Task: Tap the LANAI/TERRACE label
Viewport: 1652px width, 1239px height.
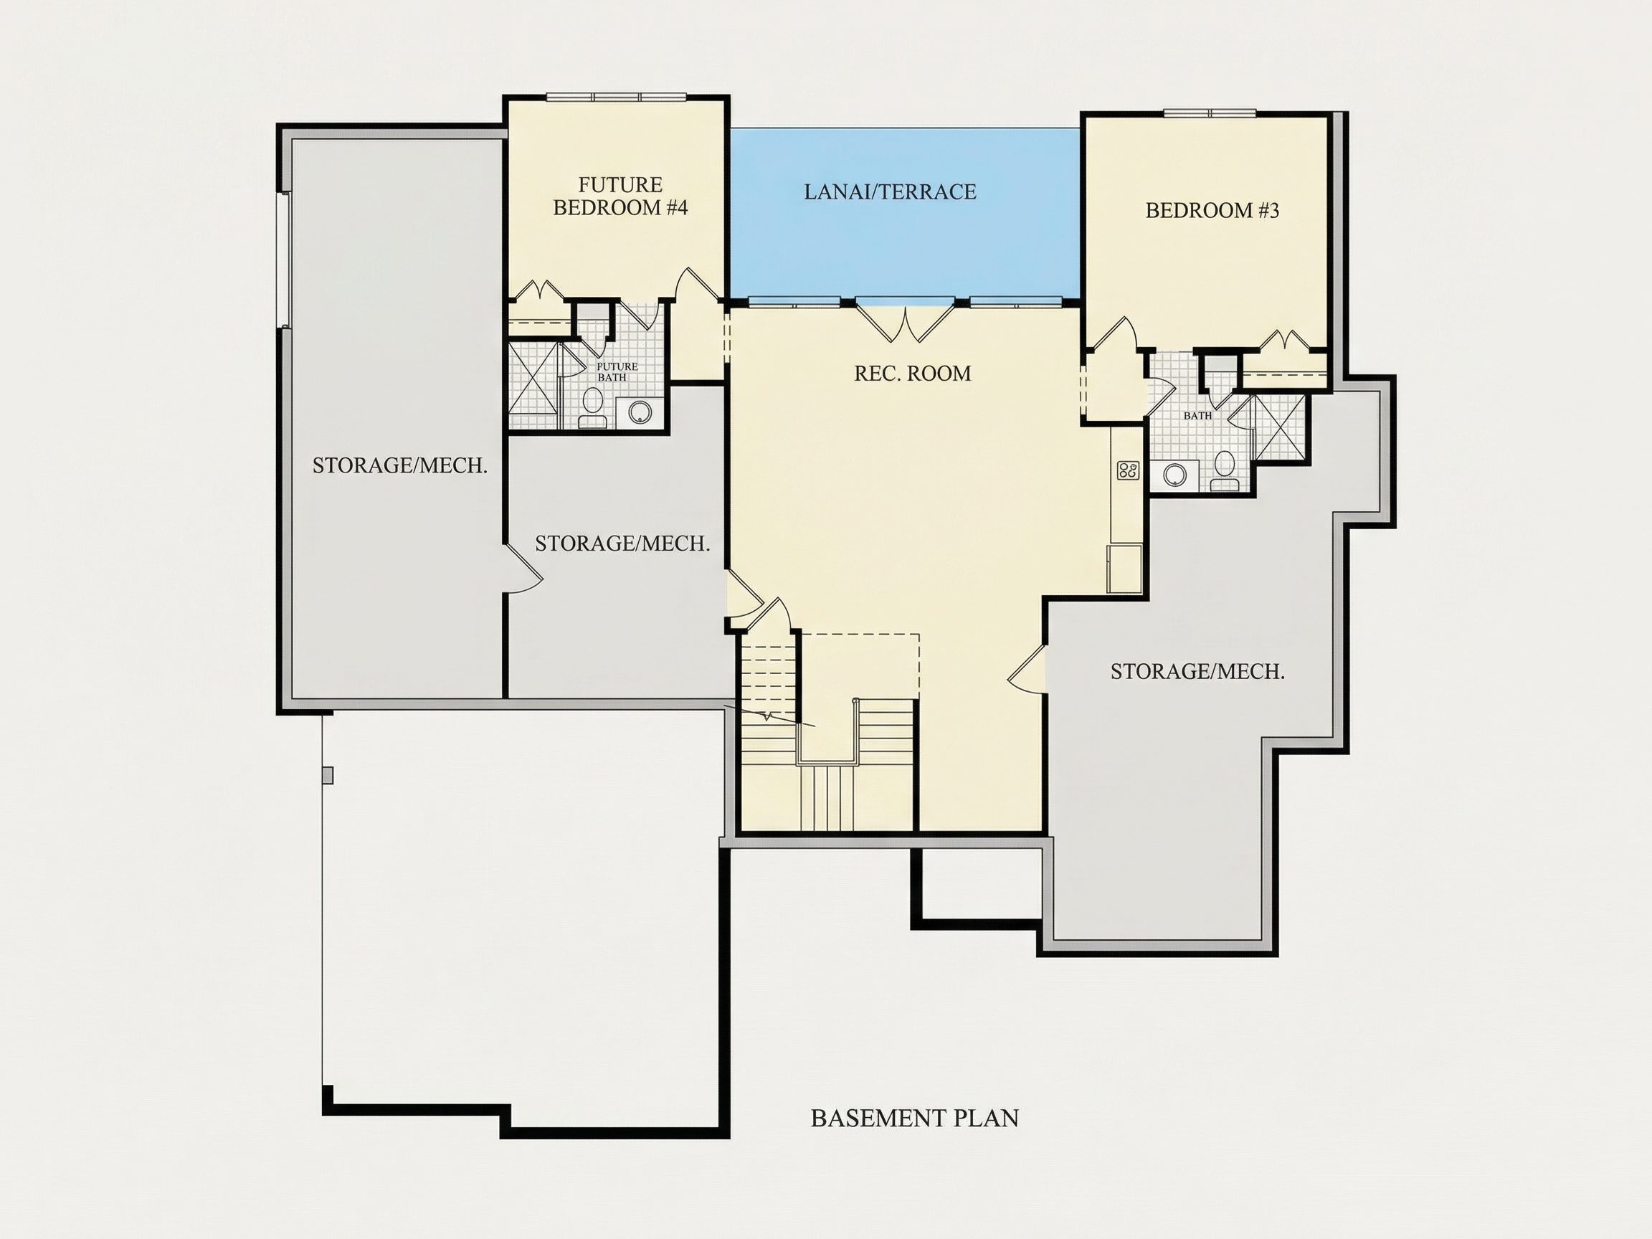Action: pyautogui.click(x=890, y=192)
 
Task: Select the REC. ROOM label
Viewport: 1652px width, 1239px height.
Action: pyautogui.click(x=913, y=374)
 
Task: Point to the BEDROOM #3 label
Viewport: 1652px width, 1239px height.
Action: pyautogui.click(x=1212, y=211)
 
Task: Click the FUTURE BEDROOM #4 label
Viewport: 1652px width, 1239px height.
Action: pyautogui.click(x=620, y=196)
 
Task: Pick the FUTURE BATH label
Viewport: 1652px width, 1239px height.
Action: pyautogui.click(x=617, y=372)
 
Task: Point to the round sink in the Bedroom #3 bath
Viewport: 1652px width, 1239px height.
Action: pyautogui.click(x=1174, y=474)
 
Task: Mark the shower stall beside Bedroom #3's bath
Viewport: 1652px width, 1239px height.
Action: pyautogui.click(x=1280, y=427)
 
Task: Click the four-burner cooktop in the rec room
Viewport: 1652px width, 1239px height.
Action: pyautogui.click(x=1128, y=470)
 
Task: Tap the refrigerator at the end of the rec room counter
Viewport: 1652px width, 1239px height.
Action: pyautogui.click(x=1125, y=569)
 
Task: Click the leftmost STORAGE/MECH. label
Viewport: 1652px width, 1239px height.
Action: pyautogui.click(x=399, y=466)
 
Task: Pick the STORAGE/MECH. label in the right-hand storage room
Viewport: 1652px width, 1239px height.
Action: pyautogui.click(x=1197, y=672)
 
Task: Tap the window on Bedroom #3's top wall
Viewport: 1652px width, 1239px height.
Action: pyautogui.click(x=1210, y=113)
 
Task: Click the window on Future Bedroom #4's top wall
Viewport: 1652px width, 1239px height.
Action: pyautogui.click(x=616, y=97)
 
